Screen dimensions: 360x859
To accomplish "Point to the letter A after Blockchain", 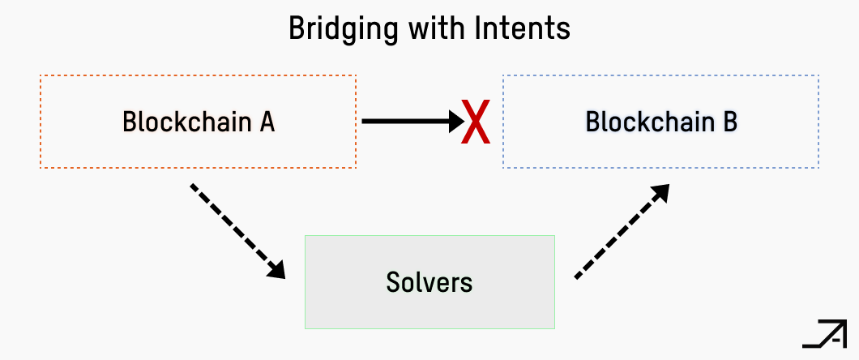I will coord(267,122).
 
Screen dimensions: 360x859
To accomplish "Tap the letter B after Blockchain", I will coord(729,122).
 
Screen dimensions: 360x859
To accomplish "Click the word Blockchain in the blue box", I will coord(650,122).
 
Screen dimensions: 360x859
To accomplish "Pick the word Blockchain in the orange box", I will coord(188,122).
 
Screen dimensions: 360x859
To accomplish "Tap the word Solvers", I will coord(429,282).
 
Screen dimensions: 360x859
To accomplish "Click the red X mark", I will coord(476,122).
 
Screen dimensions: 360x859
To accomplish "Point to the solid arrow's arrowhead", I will coord(453,122).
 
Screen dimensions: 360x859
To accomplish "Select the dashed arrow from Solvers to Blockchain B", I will coord(621,232).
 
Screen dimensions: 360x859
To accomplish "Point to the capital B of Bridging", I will coord(297,29).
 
